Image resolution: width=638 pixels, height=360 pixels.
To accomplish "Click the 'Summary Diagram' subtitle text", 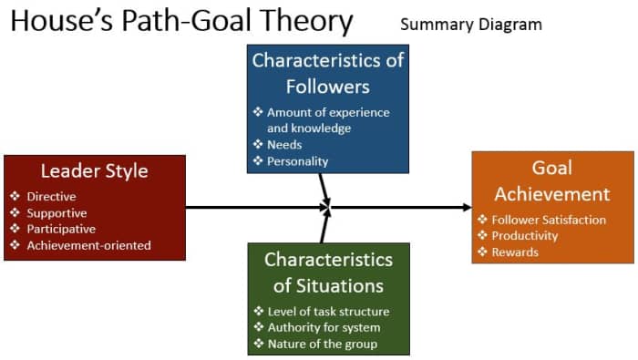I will tap(470, 25).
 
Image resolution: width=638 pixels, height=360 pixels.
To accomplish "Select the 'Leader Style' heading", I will tap(94, 170).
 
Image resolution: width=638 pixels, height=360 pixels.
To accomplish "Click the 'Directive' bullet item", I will tap(51, 196).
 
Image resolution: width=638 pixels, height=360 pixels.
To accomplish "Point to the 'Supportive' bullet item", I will tap(57, 212).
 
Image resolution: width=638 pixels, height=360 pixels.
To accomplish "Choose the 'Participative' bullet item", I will tap(61, 229).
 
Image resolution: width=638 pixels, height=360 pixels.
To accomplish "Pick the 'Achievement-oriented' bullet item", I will tap(88, 245).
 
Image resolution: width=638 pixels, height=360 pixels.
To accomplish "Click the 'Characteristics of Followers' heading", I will tap(327, 74).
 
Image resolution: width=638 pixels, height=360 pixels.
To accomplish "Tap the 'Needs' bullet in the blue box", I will tap(284, 145).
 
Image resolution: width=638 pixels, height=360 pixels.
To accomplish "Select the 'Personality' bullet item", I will tap(297, 161).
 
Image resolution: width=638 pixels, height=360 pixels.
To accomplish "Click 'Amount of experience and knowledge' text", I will tap(326, 120).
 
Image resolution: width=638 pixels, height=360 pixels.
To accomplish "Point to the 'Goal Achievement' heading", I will tap(551, 180).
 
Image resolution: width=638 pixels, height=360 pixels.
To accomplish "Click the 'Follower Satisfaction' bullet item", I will tap(549, 220).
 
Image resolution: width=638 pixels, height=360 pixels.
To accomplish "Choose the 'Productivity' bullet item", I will tap(525, 236).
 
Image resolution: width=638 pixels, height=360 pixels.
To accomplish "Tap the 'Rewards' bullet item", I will tap(515, 252).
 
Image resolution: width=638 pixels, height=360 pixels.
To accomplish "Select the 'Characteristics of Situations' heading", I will tap(329, 272).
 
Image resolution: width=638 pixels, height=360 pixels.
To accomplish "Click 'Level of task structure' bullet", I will tap(328, 312).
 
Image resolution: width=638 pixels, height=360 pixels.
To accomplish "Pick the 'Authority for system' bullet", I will tap(324, 328).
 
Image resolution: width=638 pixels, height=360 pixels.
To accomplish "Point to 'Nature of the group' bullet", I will tap(322, 345).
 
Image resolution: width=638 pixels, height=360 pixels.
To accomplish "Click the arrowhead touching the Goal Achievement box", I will tap(467, 208).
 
